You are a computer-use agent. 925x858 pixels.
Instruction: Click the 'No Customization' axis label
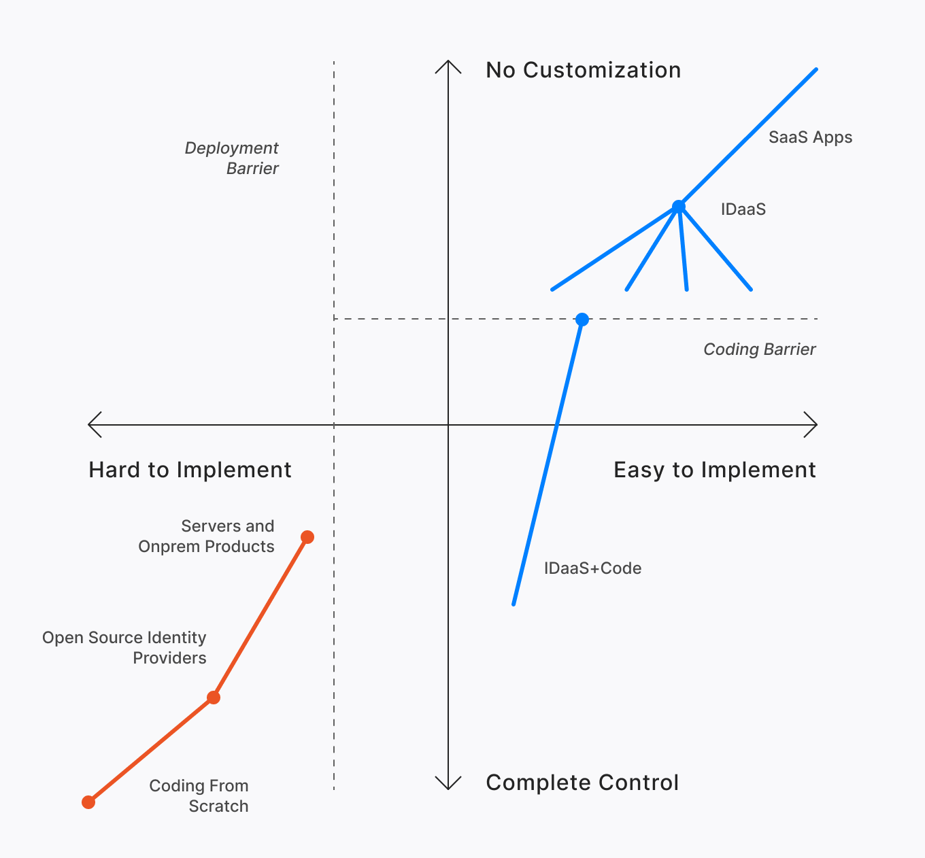click(x=583, y=70)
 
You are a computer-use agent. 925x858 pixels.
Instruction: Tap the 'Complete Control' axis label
click(x=582, y=783)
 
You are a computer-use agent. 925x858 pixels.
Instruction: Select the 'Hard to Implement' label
click(x=190, y=470)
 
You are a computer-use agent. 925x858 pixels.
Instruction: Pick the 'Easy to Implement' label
click(x=714, y=470)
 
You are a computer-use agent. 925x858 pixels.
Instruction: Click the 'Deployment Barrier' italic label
click(x=232, y=158)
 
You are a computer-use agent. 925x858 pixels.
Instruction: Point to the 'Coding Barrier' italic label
click(x=759, y=349)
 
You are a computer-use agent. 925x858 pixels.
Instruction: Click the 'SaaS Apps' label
click(x=810, y=137)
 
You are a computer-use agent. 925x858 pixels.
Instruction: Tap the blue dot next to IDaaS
click(x=678, y=207)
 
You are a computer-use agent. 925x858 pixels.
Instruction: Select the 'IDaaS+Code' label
click(x=592, y=568)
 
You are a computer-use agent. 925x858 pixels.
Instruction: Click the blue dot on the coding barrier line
click(x=582, y=320)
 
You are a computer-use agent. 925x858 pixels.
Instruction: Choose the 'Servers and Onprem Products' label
click(x=207, y=536)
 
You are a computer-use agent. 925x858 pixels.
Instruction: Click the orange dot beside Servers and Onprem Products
click(x=307, y=537)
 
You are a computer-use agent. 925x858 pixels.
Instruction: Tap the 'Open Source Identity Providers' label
click(x=124, y=647)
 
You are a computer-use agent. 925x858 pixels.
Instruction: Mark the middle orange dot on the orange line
click(x=214, y=698)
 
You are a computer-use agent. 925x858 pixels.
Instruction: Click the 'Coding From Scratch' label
click(x=199, y=795)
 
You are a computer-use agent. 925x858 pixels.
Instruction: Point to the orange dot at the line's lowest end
click(x=88, y=802)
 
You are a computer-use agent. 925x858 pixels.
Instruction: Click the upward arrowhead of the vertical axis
click(x=448, y=65)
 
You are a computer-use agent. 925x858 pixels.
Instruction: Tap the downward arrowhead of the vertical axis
click(x=448, y=785)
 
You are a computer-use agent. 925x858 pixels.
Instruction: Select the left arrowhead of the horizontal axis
click(x=93, y=425)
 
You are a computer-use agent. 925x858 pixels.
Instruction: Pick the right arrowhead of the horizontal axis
click(x=812, y=425)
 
